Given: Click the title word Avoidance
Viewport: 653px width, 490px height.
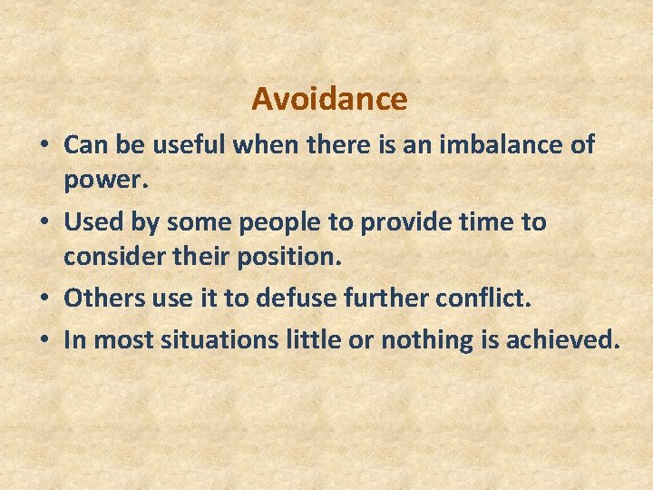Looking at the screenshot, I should tap(329, 98).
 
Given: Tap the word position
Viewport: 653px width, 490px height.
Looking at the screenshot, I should tap(288, 257).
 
